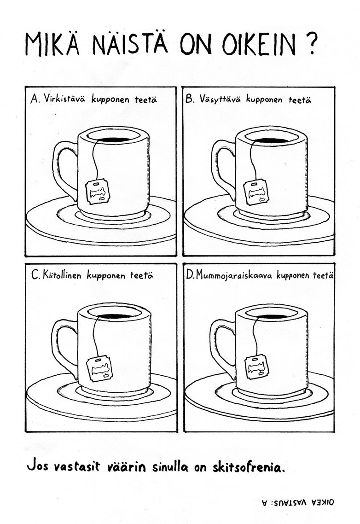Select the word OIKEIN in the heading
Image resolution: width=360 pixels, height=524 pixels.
(x=259, y=45)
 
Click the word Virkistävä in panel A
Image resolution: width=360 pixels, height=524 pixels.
(x=64, y=99)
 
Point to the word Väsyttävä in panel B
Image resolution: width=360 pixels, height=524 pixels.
(x=220, y=99)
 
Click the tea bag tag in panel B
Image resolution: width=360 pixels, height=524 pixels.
(x=256, y=192)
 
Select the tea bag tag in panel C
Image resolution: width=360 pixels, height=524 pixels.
(x=99, y=368)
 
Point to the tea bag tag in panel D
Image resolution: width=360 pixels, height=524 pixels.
(x=256, y=367)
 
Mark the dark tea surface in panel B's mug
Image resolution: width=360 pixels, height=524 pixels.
(x=272, y=141)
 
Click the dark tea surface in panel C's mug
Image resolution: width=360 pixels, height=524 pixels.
(x=114, y=316)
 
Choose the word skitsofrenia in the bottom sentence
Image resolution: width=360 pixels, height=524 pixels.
(x=249, y=466)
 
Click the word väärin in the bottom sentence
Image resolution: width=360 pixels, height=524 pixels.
(x=126, y=467)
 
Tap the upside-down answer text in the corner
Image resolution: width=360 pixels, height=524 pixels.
(x=298, y=502)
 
